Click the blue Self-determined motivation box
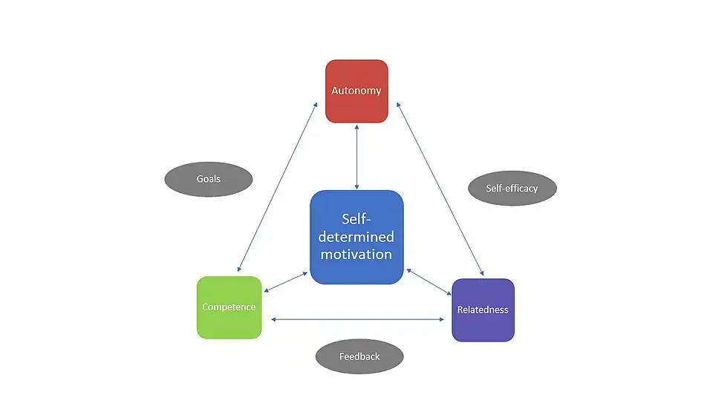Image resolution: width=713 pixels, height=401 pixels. coord(356,237)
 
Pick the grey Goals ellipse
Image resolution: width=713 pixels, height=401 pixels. coord(208,179)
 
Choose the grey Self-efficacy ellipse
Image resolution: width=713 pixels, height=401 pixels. coord(512,188)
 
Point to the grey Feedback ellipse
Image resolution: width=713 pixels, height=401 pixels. coord(359,356)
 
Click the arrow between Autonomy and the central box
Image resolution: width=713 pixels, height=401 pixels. coord(357,157)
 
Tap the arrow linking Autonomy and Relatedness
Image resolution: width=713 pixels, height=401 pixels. coord(440,189)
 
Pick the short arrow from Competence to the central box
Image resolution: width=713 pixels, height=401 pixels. coord(286,281)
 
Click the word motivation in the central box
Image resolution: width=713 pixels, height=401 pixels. coord(356,254)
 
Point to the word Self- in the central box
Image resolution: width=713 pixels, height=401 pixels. coord(357,219)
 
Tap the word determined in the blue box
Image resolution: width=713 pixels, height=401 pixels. coord(356,237)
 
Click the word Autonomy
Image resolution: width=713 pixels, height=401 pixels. coord(356,91)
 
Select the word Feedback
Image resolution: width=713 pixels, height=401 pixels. coord(359,356)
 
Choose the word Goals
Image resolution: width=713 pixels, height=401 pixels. coord(208,179)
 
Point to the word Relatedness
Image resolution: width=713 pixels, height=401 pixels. coord(483,310)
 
